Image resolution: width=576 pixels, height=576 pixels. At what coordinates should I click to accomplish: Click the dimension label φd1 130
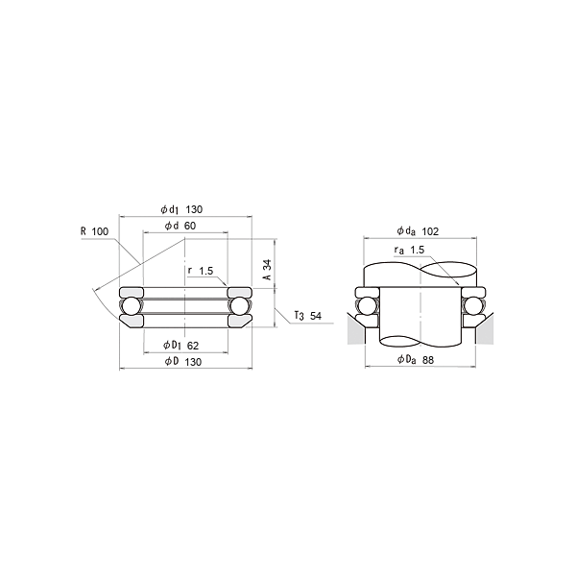(181, 209)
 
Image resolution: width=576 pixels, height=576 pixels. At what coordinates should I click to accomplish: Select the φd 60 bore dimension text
(180, 226)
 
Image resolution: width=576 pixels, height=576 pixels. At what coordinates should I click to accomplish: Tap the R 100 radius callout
(95, 231)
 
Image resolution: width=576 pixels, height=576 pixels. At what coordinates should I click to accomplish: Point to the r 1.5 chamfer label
(201, 271)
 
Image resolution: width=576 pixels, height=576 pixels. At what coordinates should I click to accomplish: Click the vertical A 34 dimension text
(268, 270)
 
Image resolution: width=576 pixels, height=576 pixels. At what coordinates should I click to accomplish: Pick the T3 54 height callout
(308, 316)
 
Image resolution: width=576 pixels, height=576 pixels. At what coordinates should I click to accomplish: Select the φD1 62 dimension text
(180, 346)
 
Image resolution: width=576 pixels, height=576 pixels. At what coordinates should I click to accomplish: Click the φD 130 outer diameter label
(183, 362)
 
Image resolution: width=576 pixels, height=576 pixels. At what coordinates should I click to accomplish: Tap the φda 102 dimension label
(418, 231)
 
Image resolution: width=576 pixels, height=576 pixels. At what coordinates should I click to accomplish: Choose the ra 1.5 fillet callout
(409, 251)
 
